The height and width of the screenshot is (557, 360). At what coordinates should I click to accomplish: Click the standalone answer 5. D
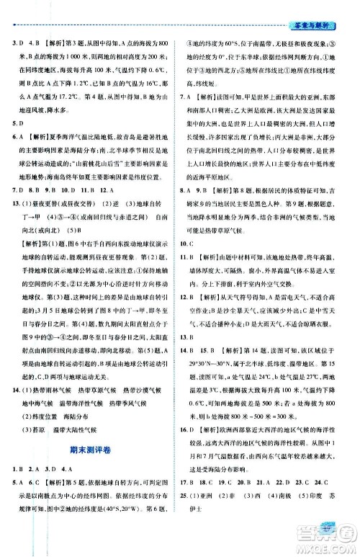tap(18, 123)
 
